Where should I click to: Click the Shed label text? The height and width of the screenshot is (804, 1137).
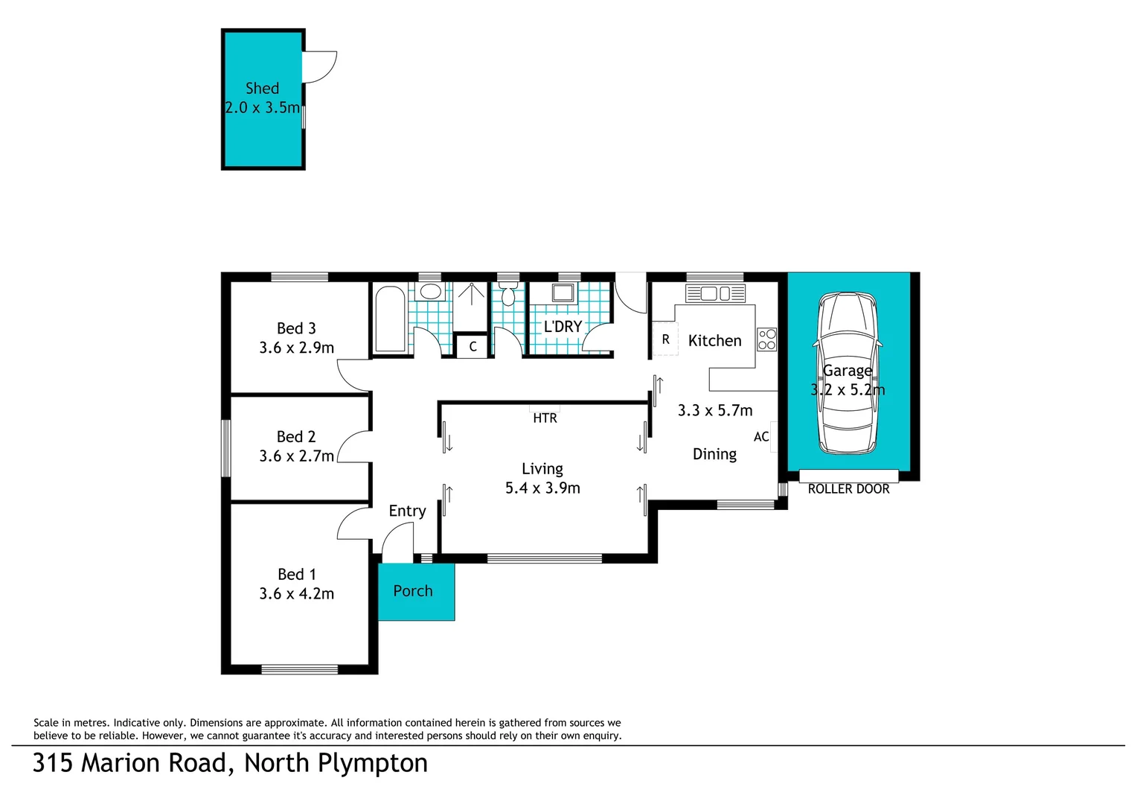pos(262,89)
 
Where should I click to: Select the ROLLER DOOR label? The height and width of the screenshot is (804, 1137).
pos(848,489)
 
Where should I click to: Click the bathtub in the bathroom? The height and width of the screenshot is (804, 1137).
pos(390,319)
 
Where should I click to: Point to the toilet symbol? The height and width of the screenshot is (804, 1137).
pos(508,295)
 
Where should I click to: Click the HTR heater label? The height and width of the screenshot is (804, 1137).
pos(545,418)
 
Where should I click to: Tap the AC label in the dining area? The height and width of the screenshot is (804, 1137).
pos(760,437)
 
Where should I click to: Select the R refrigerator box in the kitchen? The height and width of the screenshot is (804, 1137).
pos(665,339)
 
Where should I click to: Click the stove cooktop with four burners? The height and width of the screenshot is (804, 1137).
pos(766,339)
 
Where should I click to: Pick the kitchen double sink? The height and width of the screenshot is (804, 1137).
pos(715,293)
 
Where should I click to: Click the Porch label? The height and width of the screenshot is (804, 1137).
pos(413,591)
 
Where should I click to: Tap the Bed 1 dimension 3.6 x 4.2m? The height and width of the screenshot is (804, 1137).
pos(296,594)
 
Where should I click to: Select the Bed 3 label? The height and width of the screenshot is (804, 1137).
pos(296,328)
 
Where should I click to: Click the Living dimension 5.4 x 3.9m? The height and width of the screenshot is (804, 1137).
pos(542,488)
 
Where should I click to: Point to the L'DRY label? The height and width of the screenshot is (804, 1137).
pos(563,327)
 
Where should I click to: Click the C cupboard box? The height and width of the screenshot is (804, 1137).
pos(472,347)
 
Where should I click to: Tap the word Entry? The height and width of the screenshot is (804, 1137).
pos(407,511)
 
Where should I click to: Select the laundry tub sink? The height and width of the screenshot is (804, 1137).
pos(563,293)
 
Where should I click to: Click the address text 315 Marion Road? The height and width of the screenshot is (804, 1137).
pos(129,764)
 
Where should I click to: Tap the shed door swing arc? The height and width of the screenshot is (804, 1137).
pos(321,67)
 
